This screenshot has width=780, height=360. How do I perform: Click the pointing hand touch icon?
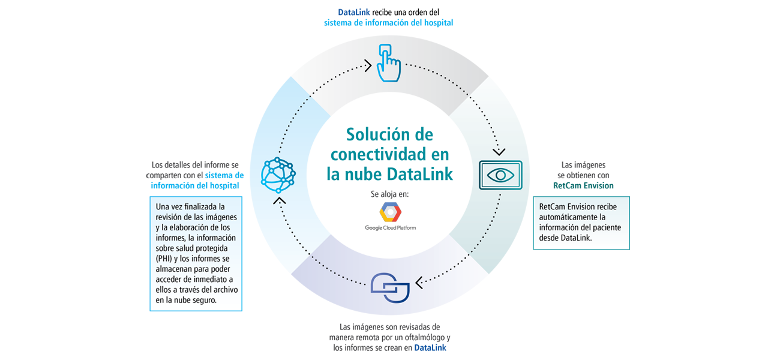pyautogui.click(x=388, y=62)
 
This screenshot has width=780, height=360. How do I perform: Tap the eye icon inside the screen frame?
pyautogui.click(x=500, y=175)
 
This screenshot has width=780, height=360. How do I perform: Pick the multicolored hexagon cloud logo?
pyautogui.click(x=390, y=214)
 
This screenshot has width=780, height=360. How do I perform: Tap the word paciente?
pyautogui.click(x=605, y=228)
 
